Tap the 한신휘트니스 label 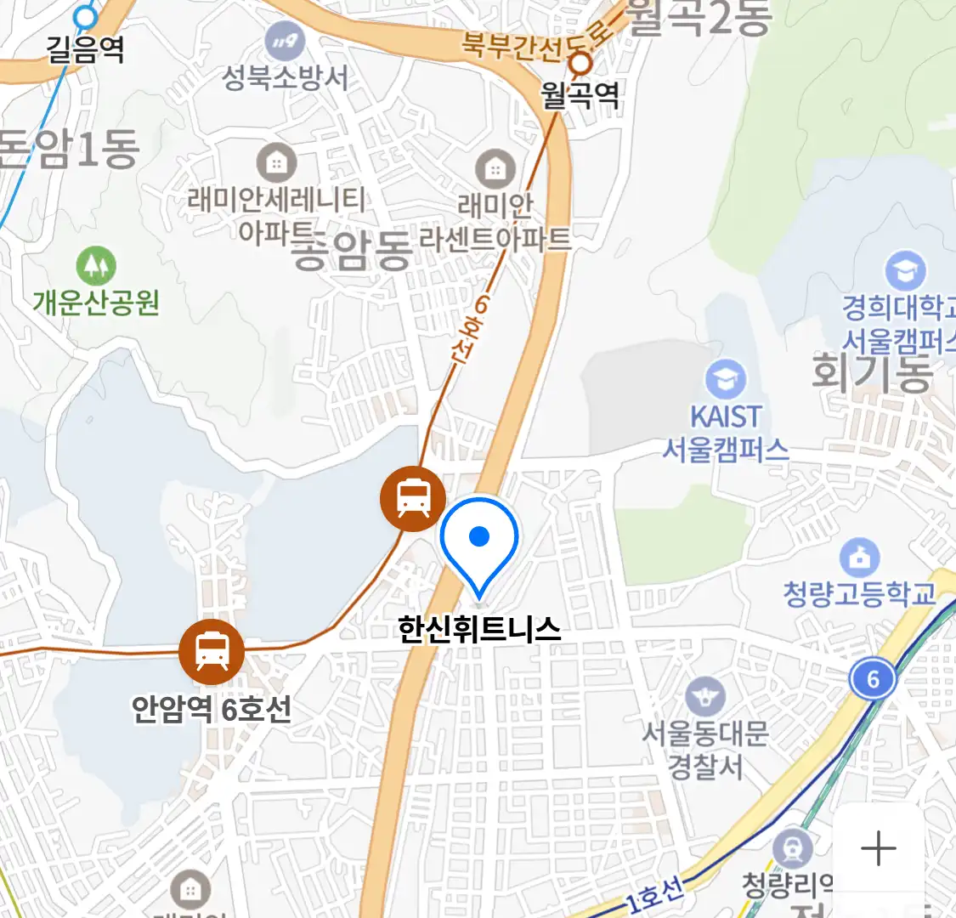479,629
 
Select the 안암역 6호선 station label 211,708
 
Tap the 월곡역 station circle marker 580,63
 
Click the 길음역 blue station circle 85,17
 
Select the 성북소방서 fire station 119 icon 285,40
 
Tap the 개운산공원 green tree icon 96,266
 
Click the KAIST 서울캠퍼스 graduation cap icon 726,380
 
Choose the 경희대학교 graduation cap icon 905,271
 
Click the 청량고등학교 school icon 859,558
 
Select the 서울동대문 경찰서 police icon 704,698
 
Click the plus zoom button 878,848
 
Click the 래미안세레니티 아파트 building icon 276,161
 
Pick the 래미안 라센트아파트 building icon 495,168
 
